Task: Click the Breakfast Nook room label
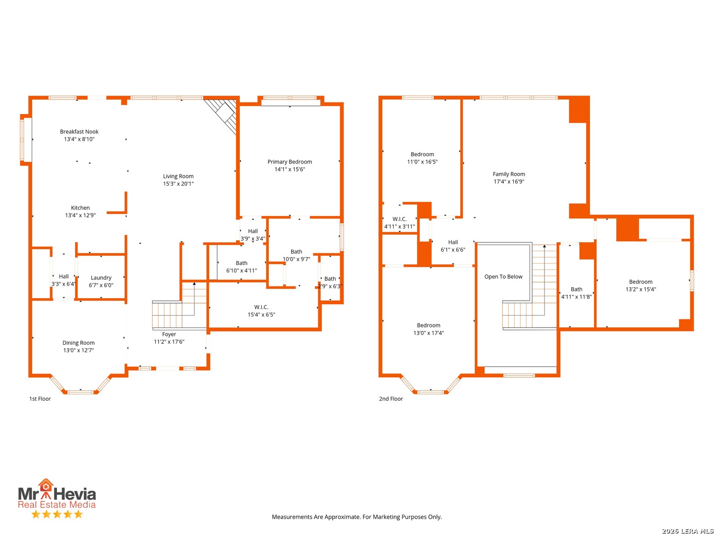pos(79,131)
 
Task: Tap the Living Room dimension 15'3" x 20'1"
pos(178,183)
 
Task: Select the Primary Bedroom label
pos(290,161)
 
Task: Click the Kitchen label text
pos(80,208)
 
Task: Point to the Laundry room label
pos(101,278)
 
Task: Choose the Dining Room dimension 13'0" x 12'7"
pos(78,350)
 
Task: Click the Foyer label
pos(169,334)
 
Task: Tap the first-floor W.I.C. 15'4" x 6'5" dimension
pos(261,315)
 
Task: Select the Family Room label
pos(509,174)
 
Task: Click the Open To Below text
pos(503,276)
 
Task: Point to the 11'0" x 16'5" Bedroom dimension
pos(422,162)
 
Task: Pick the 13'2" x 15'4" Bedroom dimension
pos(641,289)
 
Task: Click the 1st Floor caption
pos(40,399)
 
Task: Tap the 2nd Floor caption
pos(391,399)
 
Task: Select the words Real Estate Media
pos(57,504)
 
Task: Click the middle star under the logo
pos(57,514)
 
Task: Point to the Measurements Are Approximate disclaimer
pos(357,517)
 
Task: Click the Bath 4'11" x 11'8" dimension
pos(576,297)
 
